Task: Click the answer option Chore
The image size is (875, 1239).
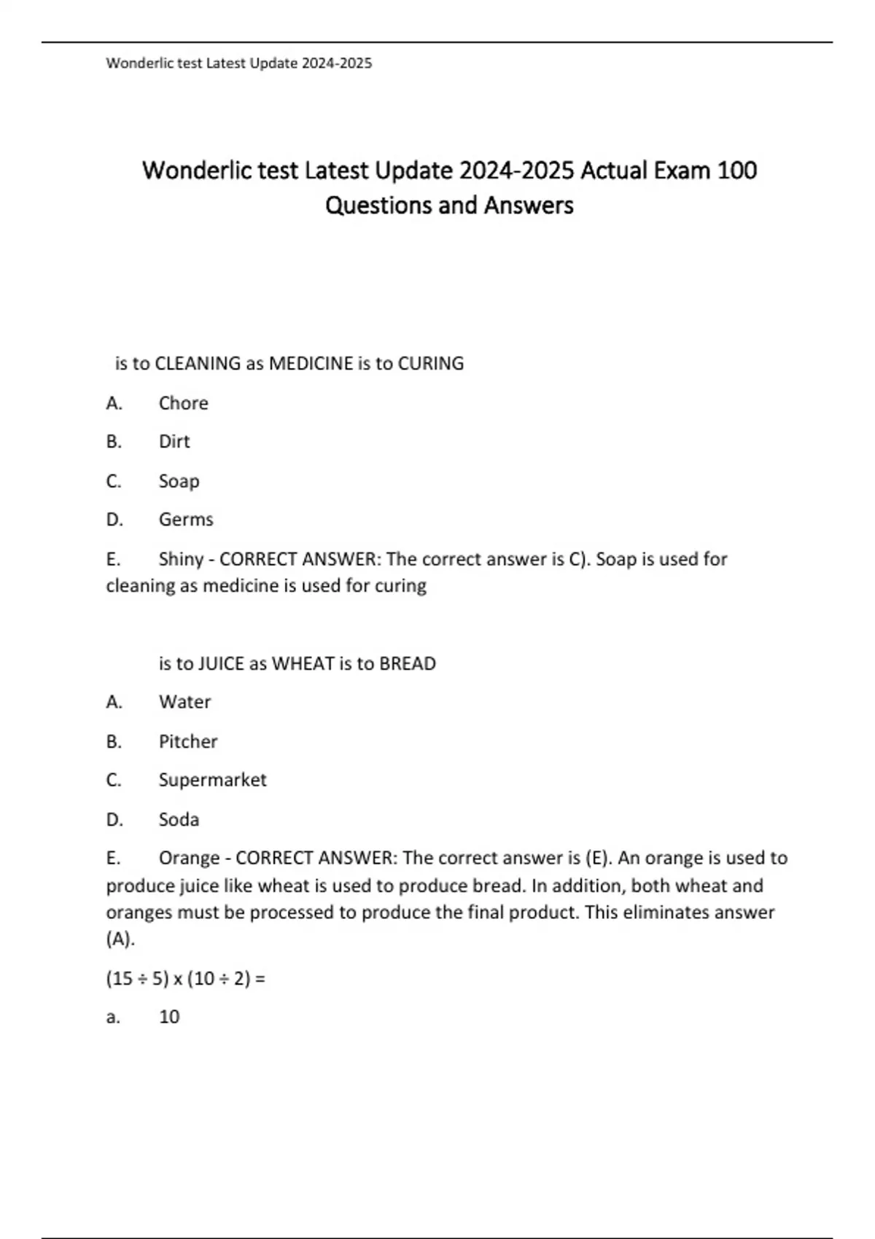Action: pos(183,403)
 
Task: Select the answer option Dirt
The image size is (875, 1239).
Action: pos(174,442)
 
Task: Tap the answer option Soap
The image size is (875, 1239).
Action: pos(179,481)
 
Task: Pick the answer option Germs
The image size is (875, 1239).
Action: pos(186,520)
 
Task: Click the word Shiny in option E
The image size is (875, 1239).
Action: pos(181,559)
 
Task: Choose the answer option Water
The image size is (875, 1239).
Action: pos(184,702)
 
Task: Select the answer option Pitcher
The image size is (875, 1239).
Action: pos(188,741)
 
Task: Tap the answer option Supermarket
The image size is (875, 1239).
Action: pos(212,780)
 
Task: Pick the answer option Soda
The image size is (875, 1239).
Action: pos(179,819)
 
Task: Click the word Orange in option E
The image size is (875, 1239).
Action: pos(189,858)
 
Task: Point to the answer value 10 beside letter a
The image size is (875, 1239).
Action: pos(169,1017)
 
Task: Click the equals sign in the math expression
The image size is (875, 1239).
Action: pos(261,978)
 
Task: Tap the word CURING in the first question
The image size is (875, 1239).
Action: pos(430,363)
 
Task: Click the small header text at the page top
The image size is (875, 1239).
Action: pos(239,63)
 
